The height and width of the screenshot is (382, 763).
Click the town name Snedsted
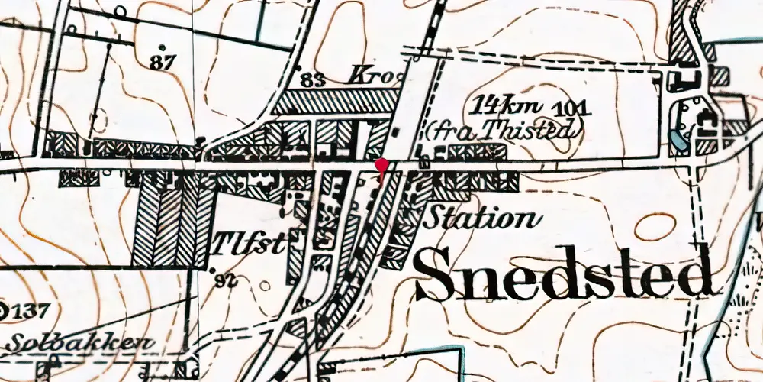tap(565, 274)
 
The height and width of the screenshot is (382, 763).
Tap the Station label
tap(480, 219)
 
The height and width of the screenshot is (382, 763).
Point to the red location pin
tap(382, 166)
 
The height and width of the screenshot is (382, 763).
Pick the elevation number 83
tap(311, 79)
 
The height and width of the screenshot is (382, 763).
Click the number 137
tap(31, 311)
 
